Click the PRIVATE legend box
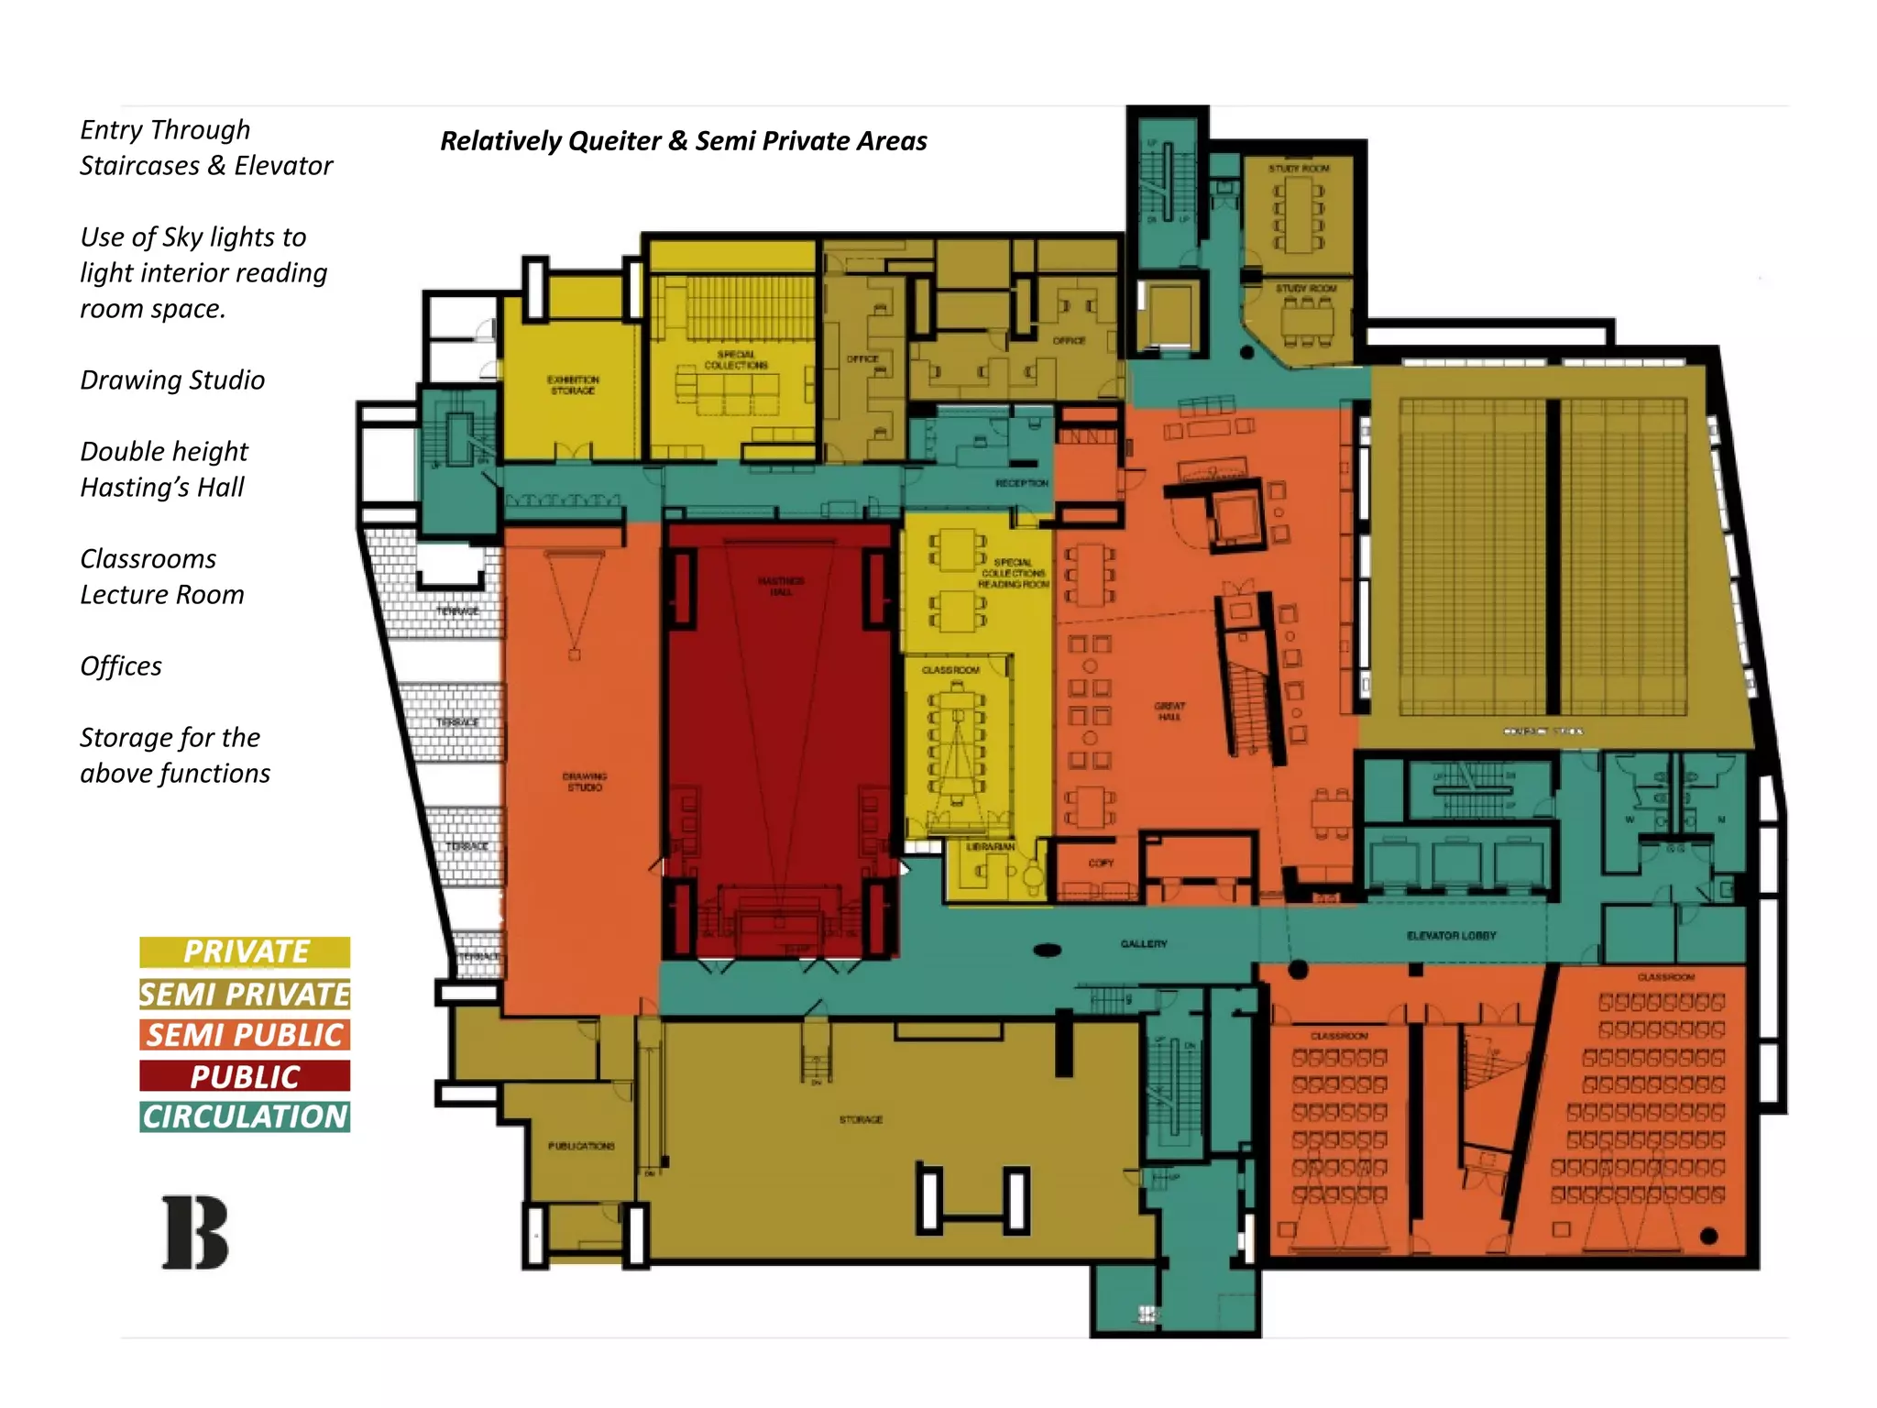click(245, 951)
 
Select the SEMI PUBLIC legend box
click(245, 1035)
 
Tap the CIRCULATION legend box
click(245, 1116)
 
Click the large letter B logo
click(194, 1233)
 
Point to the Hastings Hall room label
click(781, 586)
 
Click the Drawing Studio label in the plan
click(584, 781)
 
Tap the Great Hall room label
click(1169, 711)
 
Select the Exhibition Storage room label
click(573, 385)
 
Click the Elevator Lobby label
click(1451, 936)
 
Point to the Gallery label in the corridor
click(1143, 943)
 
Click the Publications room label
click(581, 1146)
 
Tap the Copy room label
click(1101, 863)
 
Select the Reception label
click(1021, 483)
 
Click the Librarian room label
click(990, 847)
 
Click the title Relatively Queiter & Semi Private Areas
click(683, 141)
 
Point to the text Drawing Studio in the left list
click(172, 380)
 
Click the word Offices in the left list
click(121, 666)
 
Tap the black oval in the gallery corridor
click(1048, 951)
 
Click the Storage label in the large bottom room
click(861, 1119)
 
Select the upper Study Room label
click(1299, 169)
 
